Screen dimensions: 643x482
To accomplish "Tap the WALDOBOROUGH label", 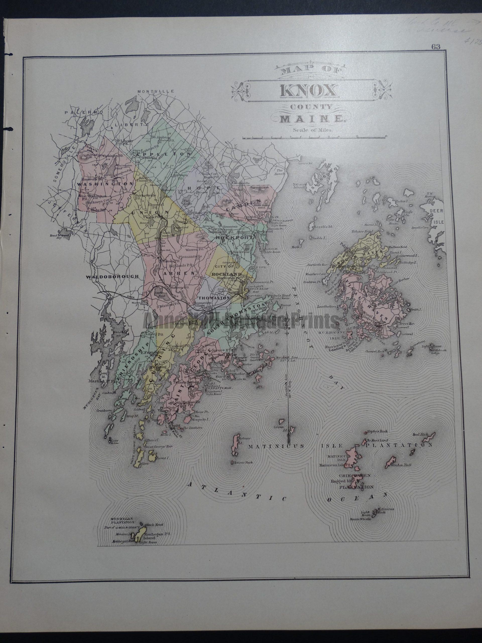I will click(x=111, y=277).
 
